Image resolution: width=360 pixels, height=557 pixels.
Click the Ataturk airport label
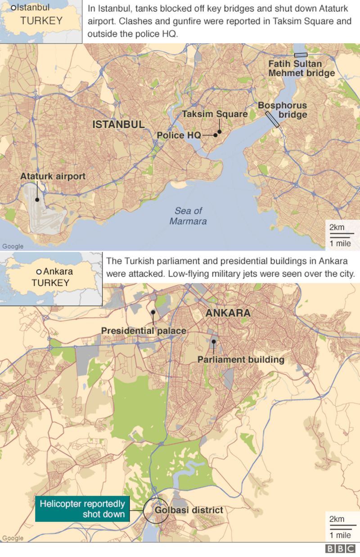(53, 176)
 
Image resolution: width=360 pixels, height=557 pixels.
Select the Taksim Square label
(215, 114)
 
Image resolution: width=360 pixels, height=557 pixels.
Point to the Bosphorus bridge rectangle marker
(272, 119)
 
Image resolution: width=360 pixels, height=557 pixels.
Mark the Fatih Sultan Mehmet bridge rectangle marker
(301, 55)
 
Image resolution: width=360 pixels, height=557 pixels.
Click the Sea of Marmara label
(188, 216)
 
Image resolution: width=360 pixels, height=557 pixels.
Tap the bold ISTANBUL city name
(118, 125)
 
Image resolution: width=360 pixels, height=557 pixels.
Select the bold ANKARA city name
(228, 313)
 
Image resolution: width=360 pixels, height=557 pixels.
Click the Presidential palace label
(144, 331)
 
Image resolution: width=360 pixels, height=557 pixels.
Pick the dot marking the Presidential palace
(153, 312)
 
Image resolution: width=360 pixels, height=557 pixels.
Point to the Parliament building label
(241, 359)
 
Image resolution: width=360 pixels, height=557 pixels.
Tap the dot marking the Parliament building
(214, 341)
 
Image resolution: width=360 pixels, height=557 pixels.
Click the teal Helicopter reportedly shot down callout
(82, 509)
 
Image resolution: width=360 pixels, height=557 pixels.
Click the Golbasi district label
(189, 510)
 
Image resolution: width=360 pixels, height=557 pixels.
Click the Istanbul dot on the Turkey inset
(13, 8)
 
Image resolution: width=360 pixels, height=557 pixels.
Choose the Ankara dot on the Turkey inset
(39, 271)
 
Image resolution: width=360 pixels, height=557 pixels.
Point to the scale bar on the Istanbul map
(340, 235)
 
